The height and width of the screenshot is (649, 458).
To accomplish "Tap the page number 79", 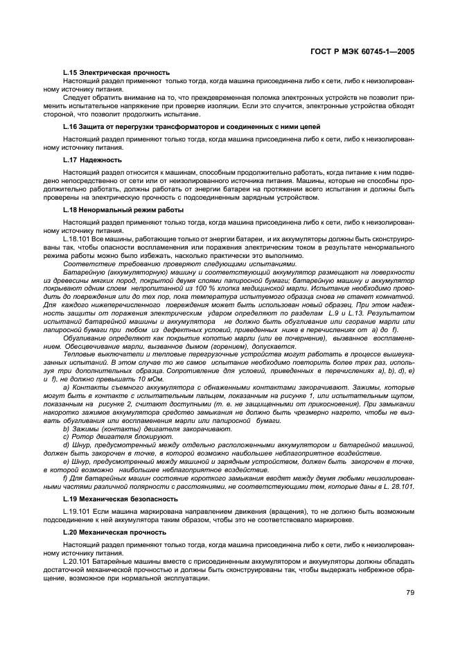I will tap(409, 591).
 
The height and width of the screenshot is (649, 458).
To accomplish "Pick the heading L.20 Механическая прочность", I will tap(114, 532).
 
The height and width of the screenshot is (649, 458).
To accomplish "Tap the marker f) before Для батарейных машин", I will tap(65, 478).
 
